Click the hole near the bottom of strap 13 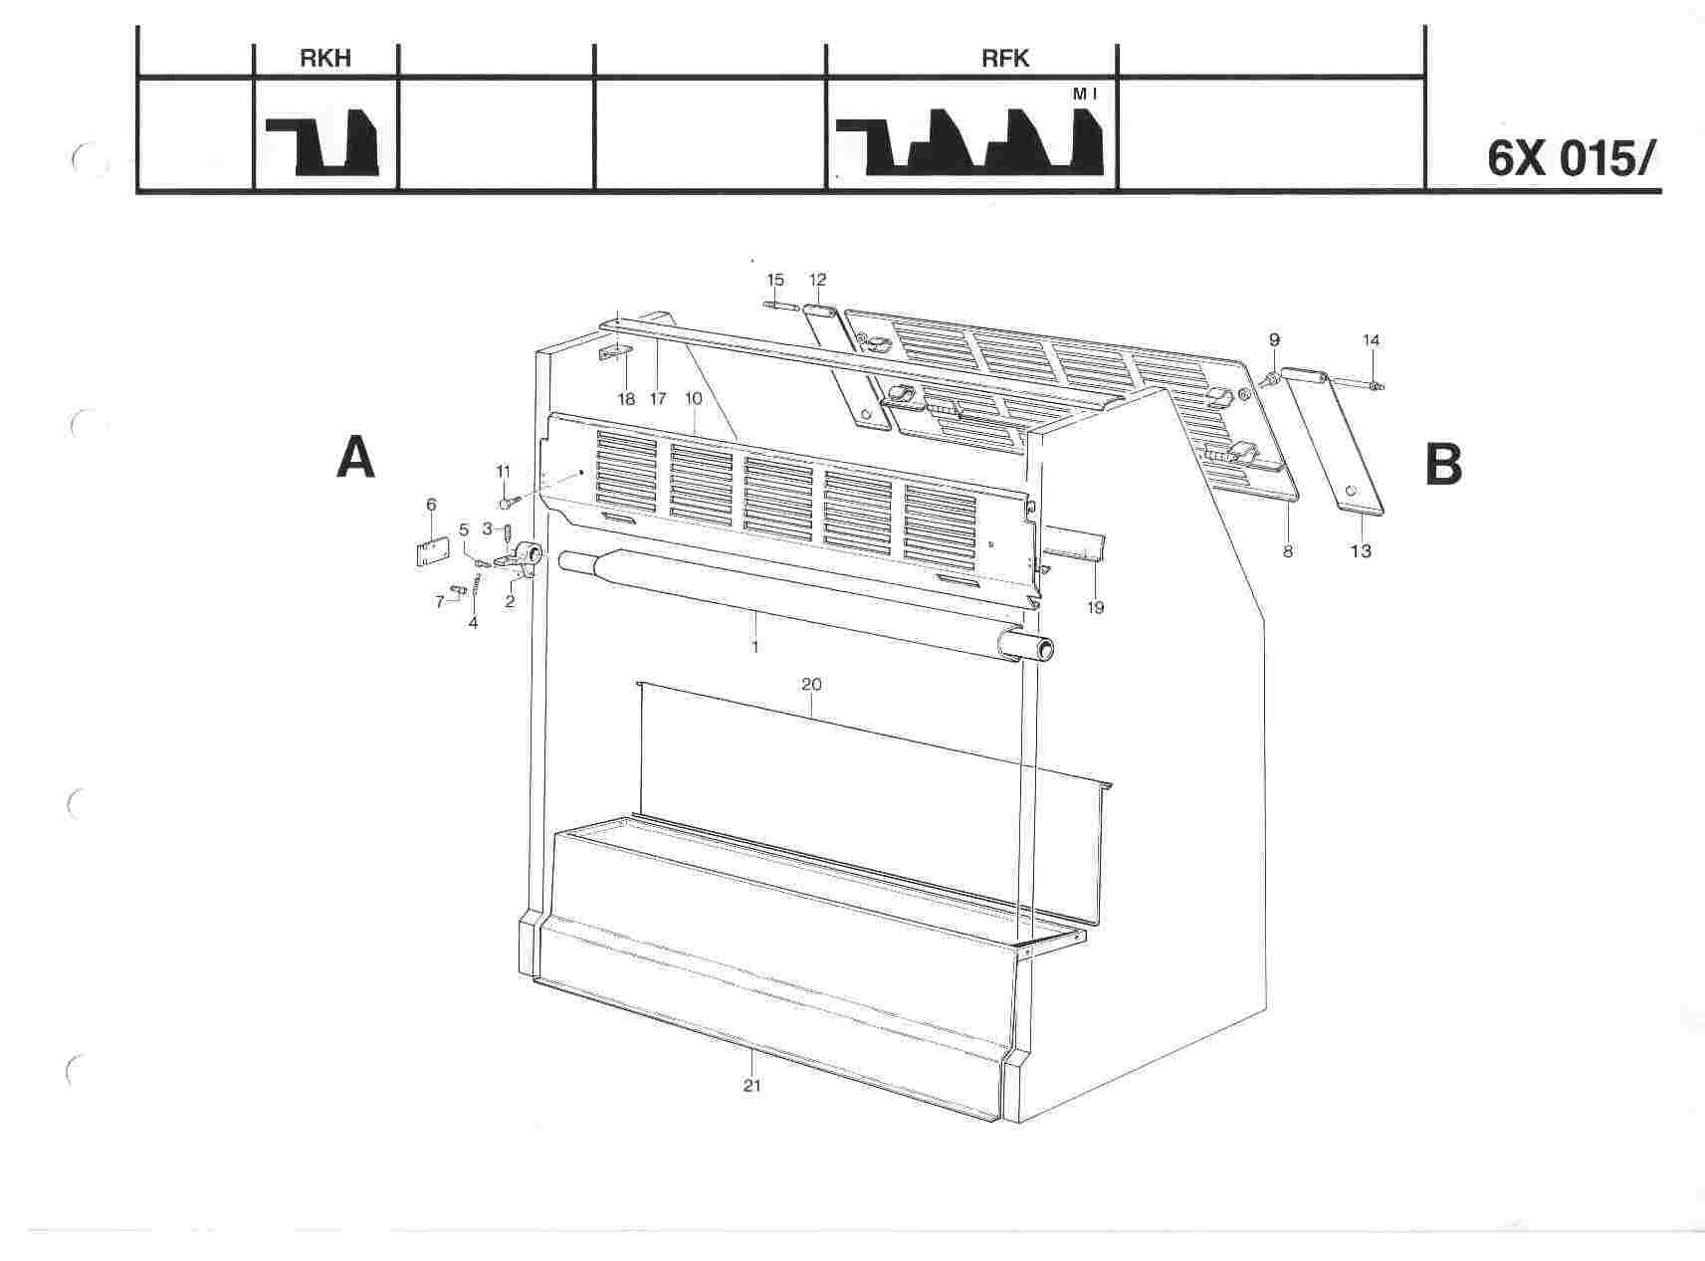point(1351,492)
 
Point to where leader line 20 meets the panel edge point(811,719)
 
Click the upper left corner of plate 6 point(416,544)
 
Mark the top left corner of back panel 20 point(638,682)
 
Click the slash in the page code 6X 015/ point(1651,160)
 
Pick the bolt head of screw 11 point(505,504)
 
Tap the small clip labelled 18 point(616,353)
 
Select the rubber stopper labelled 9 point(1271,378)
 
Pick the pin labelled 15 point(776,305)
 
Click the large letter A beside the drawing point(356,459)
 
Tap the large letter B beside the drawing point(1444,465)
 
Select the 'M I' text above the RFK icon point(1085,94)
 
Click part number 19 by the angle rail point(1096,607)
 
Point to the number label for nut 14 point(1372,340)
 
